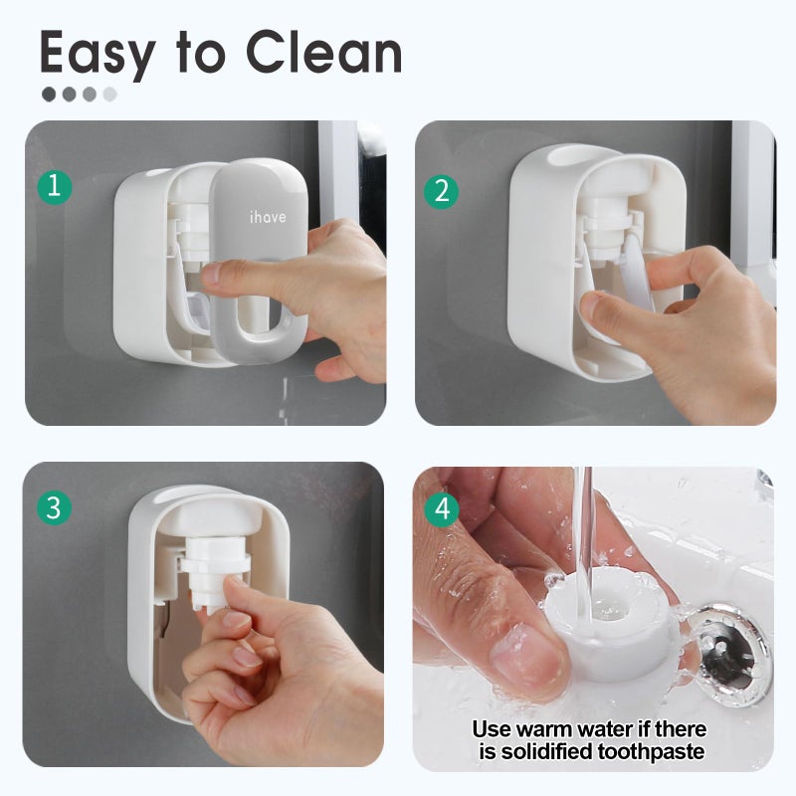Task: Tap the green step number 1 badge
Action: tap(54, 186)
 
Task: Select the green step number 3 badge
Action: tap(54, 507)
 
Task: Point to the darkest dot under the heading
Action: tap(48, 95)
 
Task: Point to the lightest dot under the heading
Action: tap(109, 95)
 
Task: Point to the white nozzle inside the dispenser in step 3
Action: tap(211, 572)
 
